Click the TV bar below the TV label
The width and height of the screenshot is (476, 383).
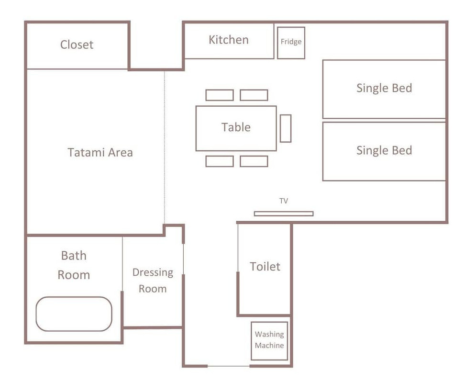284,214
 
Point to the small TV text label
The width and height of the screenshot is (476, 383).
284,201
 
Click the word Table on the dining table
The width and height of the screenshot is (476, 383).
236,127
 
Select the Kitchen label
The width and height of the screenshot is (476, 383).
229,40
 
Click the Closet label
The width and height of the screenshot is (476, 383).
77,45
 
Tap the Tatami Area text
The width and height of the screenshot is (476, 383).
100,152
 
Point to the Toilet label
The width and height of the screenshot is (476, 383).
265,266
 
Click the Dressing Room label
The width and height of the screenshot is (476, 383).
153,281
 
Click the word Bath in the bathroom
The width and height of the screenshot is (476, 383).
74,256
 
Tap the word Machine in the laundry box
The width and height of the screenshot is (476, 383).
269,345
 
